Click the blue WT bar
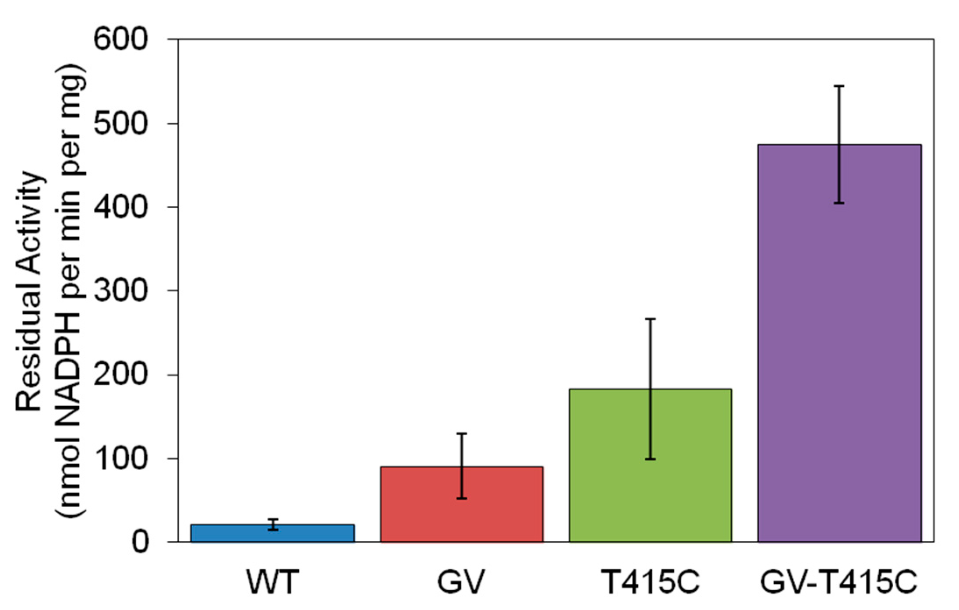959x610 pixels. click(x=272, y=534)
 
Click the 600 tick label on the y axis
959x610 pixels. click(x=120, y=40)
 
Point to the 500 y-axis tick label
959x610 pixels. click(x=120, y=124)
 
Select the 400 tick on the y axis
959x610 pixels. click(x=120, y=207)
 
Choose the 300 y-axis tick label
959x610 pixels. click(x=120, y=291)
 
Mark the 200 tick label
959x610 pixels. click(x=120, y=375)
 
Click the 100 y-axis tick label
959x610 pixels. click(x=120, y=459)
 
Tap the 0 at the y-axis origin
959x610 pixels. click(x=140, y=543)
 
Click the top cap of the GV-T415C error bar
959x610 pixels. click(x=839, y=86)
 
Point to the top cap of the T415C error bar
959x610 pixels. click(x=651, y=319)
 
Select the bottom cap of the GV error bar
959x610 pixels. click(x=462, y=499)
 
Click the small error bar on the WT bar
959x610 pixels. click(x=273, y=525)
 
